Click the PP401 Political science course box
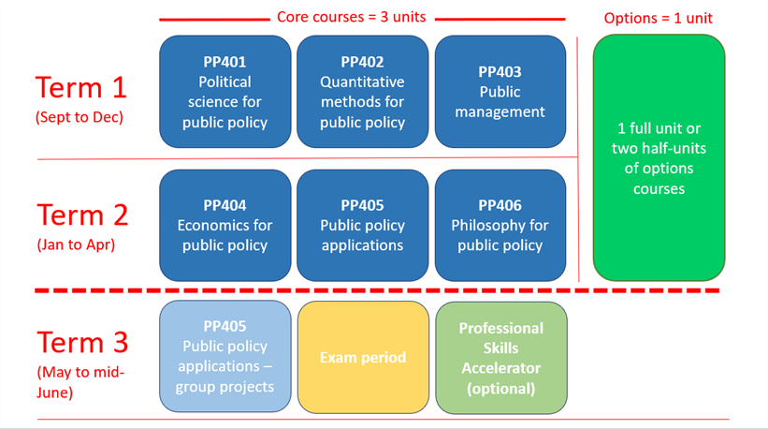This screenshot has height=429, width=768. click(x=225, y=92)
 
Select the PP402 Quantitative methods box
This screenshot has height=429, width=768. click(x=362, y=92)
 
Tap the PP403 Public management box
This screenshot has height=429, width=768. click(x=500, y=92)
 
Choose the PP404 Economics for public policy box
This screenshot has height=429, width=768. click(x=225, y=225)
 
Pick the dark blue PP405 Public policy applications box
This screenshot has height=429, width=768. click(x=362, y=225)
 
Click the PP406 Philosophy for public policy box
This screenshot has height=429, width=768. click(x=500, y=225)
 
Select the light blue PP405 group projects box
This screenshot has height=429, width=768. click(x=225, y=357)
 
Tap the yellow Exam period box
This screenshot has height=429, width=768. click(x=362, y=357)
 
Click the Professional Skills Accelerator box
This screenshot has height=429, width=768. click(x=500, y=357)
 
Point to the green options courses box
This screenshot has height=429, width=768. click(x=659, y=157)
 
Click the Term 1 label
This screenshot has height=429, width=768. click(x=81, y=87)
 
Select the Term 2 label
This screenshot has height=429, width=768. click(x=81, y=214)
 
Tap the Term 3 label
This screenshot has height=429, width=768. click(x=81, y=341)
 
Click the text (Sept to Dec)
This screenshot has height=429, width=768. click(x=80, y=118)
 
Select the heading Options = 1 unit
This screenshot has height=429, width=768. click(x=659, y=18)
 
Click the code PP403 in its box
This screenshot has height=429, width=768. click(x=500, y=71)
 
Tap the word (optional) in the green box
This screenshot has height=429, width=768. click(x=500, y=388)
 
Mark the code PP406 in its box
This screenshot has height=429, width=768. click(x=500, y=205)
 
